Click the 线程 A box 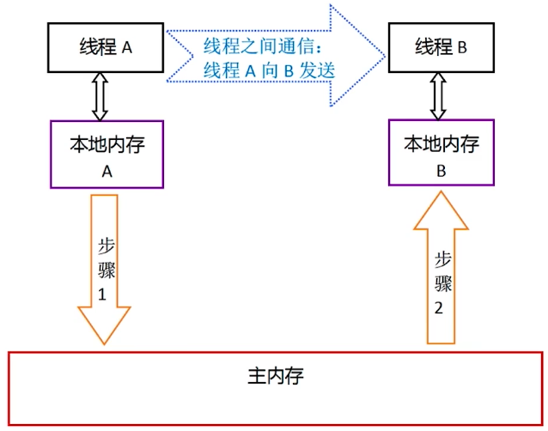[103, 47]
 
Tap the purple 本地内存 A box [107, 155]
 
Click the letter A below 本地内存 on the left [107, 170]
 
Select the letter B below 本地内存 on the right [441, 170]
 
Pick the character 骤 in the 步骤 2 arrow [441, 283]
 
